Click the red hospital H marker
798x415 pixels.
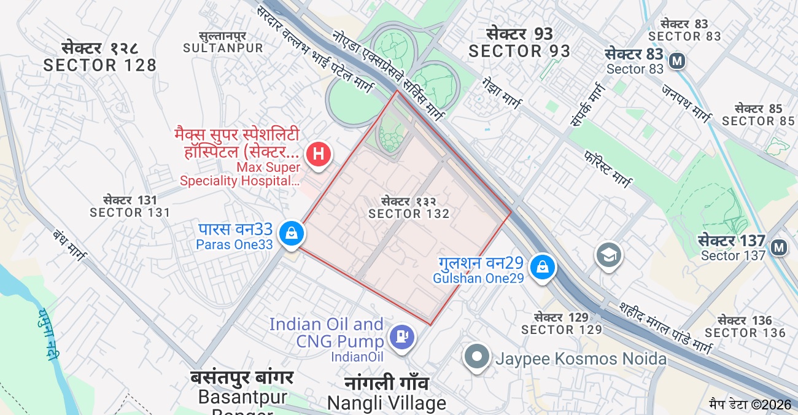point(319,153)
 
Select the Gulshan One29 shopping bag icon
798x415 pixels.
point(543,266)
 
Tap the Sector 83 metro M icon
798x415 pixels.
point(678,61)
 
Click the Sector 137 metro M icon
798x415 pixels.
point(779,247)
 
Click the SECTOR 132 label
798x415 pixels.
point(409,214)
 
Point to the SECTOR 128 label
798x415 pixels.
point(100,65)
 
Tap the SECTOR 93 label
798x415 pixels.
point(519,51)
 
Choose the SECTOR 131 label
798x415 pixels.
point(130,212)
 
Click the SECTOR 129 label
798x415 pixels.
point(562,330)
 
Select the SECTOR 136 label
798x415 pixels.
point(745,333)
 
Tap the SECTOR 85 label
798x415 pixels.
point(758,121)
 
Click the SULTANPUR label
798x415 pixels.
point(223,48)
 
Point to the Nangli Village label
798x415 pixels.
point(387,403)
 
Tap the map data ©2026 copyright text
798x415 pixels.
point(750,405)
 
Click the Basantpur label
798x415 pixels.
point(243,397)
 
